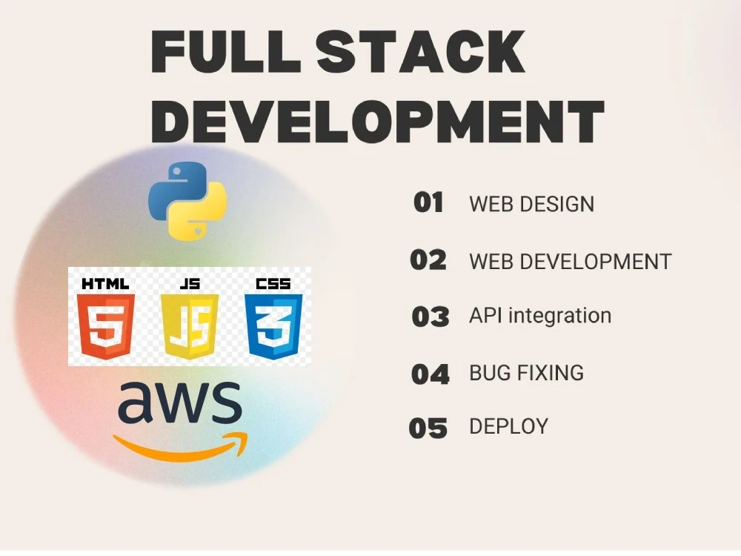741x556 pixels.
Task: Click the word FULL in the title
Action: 226,51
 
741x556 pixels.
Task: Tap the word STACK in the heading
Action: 421,51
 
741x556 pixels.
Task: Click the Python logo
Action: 187,201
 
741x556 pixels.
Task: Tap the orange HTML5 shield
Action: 106,326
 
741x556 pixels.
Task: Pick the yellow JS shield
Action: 190,326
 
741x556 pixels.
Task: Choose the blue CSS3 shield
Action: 273,326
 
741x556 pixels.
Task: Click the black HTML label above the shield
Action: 105,284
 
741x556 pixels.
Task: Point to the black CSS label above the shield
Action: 273,284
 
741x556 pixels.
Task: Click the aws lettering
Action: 180,402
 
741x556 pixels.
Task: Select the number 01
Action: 428,203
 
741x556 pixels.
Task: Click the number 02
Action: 428,260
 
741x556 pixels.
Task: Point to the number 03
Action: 431,317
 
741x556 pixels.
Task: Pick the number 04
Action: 431,374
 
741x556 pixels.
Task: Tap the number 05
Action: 428,428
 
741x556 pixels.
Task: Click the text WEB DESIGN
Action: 531,205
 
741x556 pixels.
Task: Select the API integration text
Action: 540,315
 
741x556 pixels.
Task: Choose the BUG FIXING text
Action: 526,373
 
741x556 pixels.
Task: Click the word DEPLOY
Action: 509,426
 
